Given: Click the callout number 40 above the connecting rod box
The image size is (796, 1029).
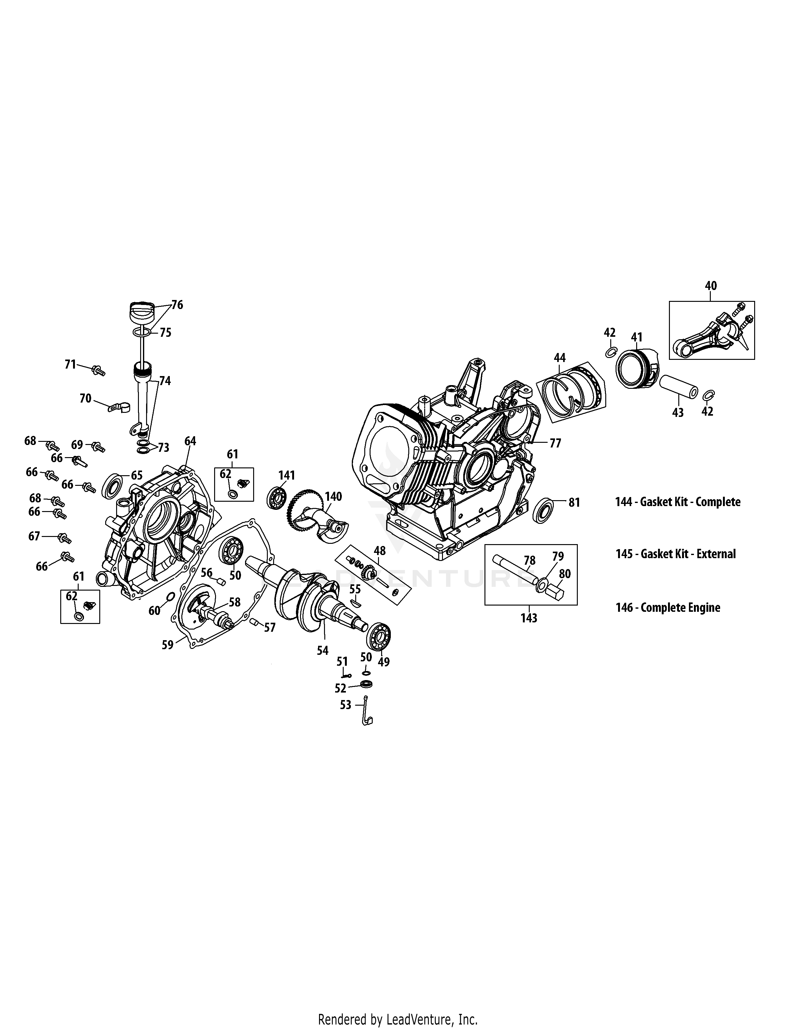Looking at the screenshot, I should tap(711, 286).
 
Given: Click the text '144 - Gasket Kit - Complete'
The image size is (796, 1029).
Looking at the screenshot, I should tap(678, 502).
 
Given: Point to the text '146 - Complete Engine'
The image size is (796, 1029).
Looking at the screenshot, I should tap(668, 607).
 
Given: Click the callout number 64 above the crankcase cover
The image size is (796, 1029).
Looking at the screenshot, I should tap(190, 441).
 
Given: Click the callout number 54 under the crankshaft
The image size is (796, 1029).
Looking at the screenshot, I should tap(322, 651).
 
